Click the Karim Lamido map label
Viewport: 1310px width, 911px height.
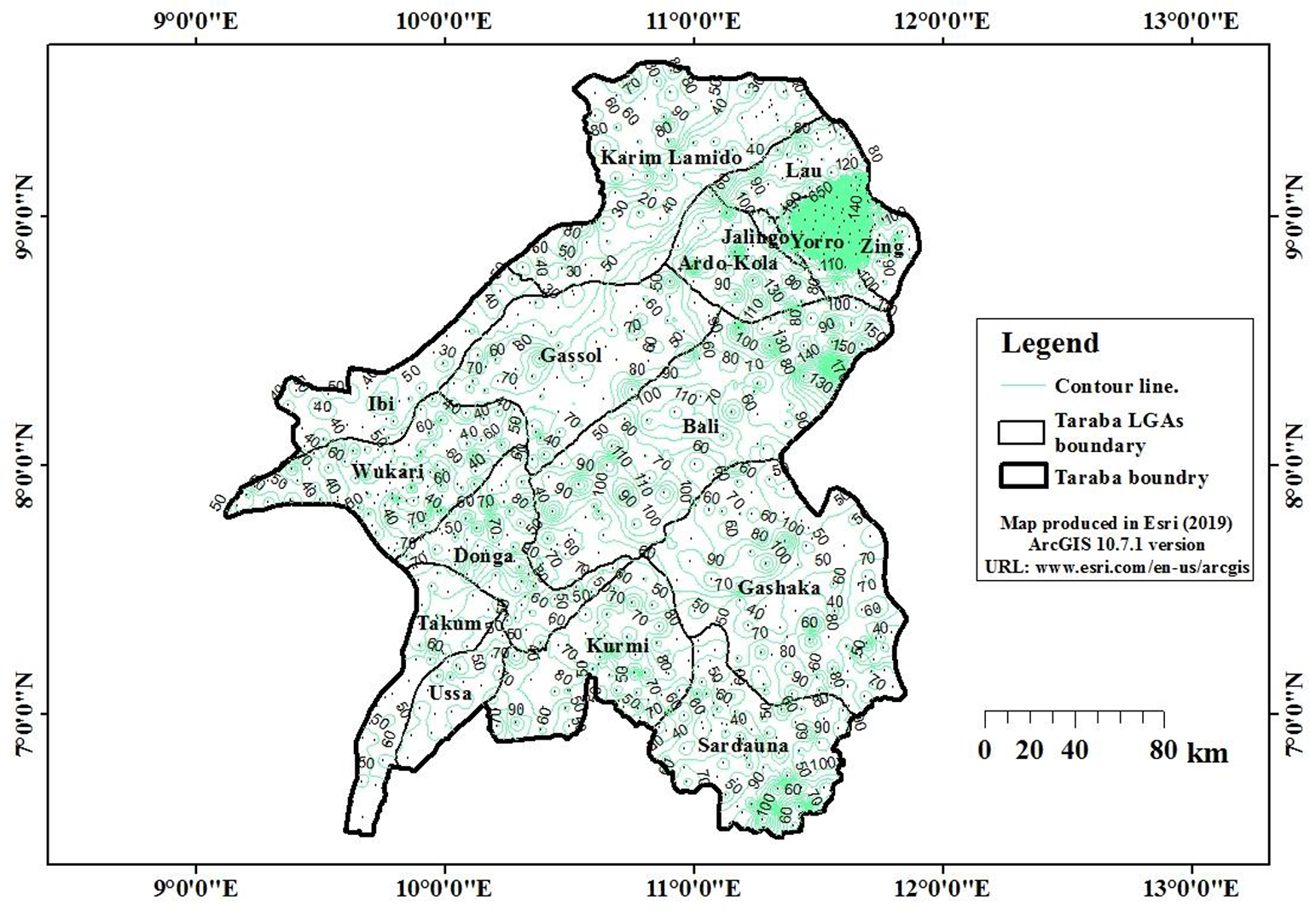[x=670, y=158]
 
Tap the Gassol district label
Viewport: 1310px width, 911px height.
[x=571, y=355]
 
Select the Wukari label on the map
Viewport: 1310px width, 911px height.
[x=387, y=472]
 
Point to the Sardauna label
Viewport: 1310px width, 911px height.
[x=743, y=746]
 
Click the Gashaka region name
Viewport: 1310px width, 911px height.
[x=779, y=588]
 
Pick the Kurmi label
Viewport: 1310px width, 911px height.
[x=618, y=646]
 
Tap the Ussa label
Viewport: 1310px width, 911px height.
[x=450, y=693]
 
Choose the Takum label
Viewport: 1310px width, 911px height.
[x=449, y=624]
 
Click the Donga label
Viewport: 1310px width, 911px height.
[x=484, y=556]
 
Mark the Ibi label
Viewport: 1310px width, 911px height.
[x=380, y=403]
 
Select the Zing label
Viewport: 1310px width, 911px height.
[x=881, y=247]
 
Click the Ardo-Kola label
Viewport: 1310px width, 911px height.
[x=727, y=263]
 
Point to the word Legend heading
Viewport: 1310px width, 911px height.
[x=1050, y=343]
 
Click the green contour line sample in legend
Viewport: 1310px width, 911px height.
[x=1021, y=386]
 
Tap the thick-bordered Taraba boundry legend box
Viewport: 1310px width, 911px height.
[x=1021, y=476]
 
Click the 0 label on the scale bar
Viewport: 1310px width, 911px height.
[x=985, y=751]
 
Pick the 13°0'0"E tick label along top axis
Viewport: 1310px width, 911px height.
[x=1191, y=20]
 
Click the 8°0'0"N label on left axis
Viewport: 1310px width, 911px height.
[x=20, y=465]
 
